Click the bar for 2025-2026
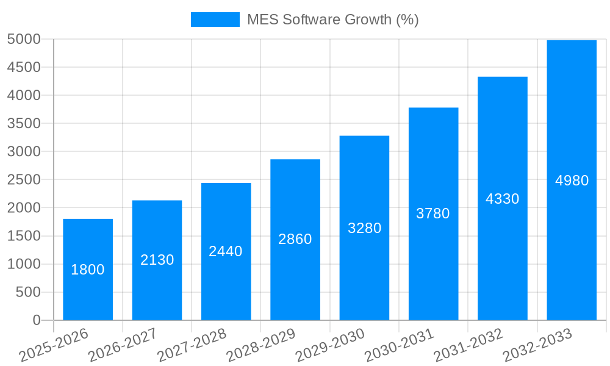pyautogui.click(x=88, y=244)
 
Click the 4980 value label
pyautogui.click(x=572, y=181)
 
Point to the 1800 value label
pyautogui.click(x=88, y=270)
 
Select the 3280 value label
pyautogui.click(x=364, y=228)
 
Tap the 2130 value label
pyautogui.click(x=157, y=260)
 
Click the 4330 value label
pyautogui.click(x=502, y=199)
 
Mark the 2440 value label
pyautogui.click(x=226, y=251)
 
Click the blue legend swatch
pyautogui.click(x=215, y=20)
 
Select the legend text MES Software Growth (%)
pyautogui.click(x=332, y=20)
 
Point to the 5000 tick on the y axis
pyautogui.click(x=24, y=39)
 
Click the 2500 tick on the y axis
pyautogui.click(x=24, y=180)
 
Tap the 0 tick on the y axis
pyautogui.click(x=37, y=320)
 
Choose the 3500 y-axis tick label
pyautogui.click(x=24, y=123)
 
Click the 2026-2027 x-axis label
pyautogui.click(x=123, y=345)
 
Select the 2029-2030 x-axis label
pyautogui.click(x=330, y=345)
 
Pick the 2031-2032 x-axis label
pyautogui.click(x=468, y=345)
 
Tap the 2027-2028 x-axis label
pyautogui.click(x=192, y=345)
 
